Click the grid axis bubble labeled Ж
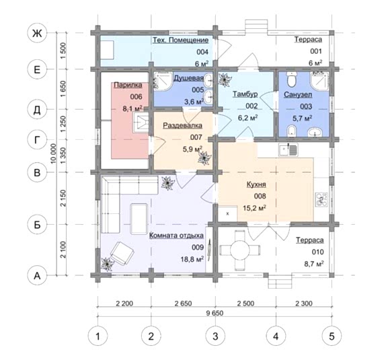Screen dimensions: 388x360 [37, 33]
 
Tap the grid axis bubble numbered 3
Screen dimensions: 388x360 [215, 336]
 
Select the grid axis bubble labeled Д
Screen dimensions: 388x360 [37, 110]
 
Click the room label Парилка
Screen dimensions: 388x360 [128, 85]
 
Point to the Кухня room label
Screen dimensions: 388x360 [256, 184]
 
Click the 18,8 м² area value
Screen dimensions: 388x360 [192, 259]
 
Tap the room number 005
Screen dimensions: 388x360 [198, 90]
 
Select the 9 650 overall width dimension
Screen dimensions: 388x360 [215, 313]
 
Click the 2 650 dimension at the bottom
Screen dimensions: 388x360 [183, 303]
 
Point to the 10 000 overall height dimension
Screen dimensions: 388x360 [53, 153]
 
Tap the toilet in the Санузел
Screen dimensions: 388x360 [291, 79]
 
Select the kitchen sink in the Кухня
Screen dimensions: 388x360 [288, 150]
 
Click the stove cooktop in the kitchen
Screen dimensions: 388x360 [321, 200]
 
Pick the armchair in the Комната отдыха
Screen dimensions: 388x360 [122, 253]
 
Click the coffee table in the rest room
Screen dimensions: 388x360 [139, 219]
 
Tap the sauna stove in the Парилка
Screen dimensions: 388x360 [141, 122]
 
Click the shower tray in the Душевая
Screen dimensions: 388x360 [163, 81]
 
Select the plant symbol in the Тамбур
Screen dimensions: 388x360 [225, 79]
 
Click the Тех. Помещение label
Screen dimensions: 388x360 [180, 40]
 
